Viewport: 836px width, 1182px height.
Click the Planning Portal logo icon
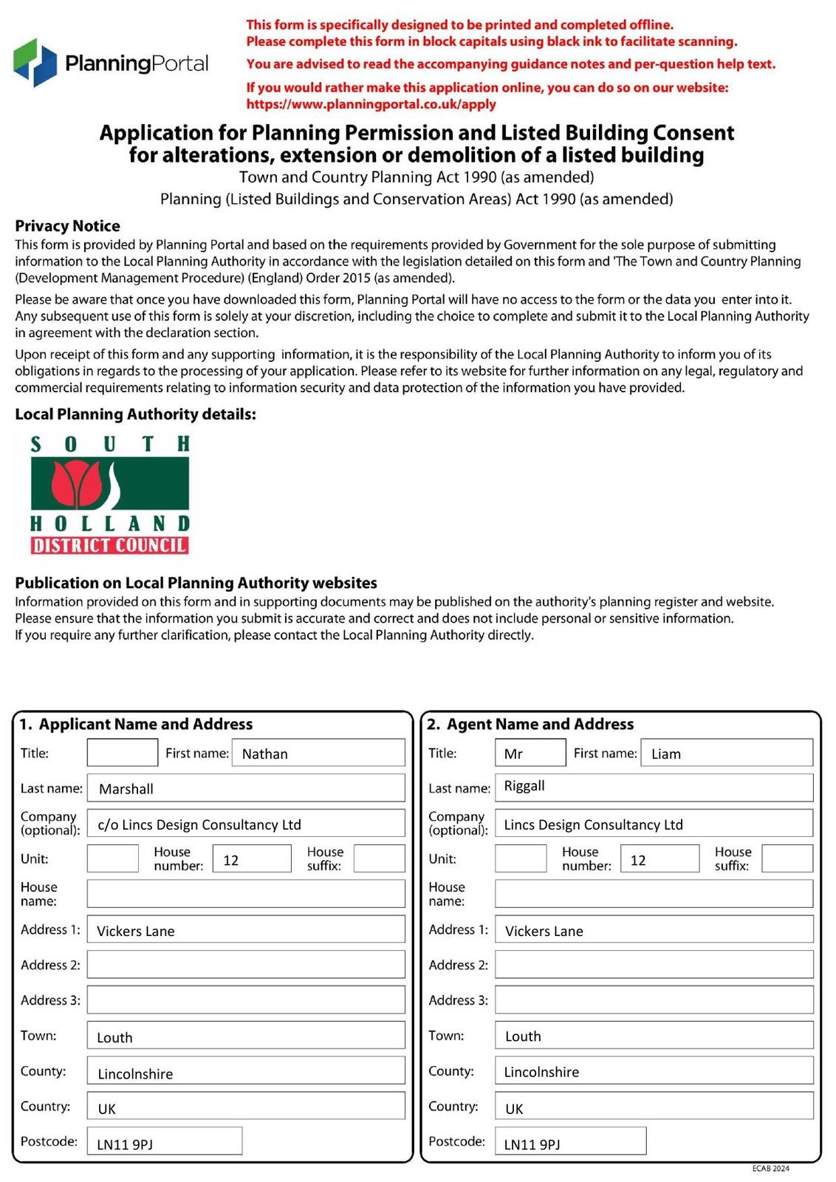(35, 62)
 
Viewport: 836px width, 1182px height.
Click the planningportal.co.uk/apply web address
(371, 104)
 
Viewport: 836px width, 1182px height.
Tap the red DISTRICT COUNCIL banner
(109, 546)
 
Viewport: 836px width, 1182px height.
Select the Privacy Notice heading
(67, 226)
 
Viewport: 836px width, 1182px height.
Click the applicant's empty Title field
(122, 753)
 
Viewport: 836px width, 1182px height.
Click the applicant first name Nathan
(318, 753)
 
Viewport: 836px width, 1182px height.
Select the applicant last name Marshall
(245, 788)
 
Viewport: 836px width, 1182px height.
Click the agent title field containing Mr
(530, 753)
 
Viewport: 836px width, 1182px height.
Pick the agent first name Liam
(726, 753)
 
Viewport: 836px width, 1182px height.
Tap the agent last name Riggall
(654, 788)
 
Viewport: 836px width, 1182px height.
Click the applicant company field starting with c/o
(245, 824)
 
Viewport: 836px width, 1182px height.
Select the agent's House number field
(659, 859)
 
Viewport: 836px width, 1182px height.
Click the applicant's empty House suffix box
(379, 859)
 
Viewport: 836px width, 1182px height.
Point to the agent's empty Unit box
(521, 859)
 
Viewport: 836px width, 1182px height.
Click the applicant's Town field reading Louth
(245, 1036)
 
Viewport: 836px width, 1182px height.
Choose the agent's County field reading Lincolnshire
(654, 1071)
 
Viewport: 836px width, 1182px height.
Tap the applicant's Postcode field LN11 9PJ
(164, 1142)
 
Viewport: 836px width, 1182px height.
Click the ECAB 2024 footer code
(770, 1169)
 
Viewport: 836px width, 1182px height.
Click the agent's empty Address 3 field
(654, 1000)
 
